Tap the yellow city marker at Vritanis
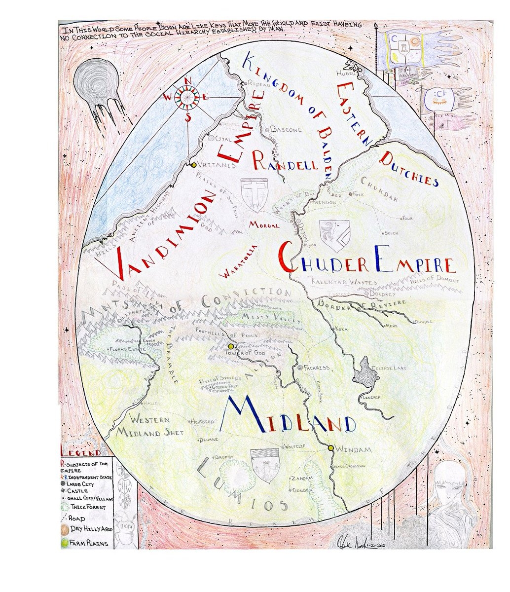tap(194, 165)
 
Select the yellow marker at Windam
tap(330, 448)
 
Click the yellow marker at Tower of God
tap(230, 346)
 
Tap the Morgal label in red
tap(264, 225)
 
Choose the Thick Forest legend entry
tap(87, 507)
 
